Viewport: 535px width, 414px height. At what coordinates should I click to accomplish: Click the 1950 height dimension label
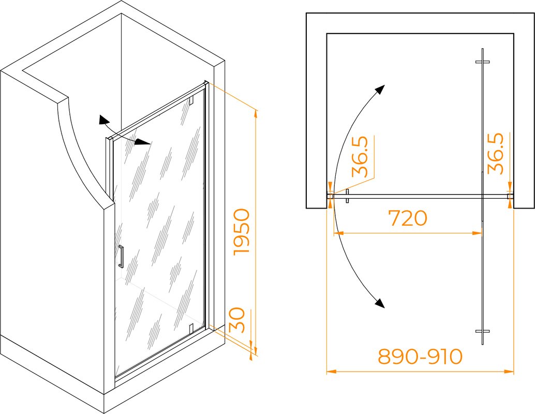tap(242, 232)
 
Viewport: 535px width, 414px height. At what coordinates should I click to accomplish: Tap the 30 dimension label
tap(237, 320)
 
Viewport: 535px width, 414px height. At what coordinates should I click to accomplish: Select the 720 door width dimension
tap(408, 218)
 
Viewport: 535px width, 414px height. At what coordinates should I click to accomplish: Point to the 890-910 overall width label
tap(420, 357)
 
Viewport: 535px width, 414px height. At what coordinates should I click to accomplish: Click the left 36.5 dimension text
tap(360, 157)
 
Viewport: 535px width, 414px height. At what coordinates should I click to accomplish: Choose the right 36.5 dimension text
tap(496, 154)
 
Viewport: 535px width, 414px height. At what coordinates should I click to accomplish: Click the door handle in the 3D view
tap(121, 256)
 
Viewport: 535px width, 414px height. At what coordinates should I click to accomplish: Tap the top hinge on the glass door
tap(191, 100)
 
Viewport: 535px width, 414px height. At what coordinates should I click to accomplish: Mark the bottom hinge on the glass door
tap(191, 328)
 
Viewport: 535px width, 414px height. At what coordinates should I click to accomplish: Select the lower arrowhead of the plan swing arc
tap(380, 303)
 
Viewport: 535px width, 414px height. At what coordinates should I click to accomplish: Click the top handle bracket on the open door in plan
tap(482, 62)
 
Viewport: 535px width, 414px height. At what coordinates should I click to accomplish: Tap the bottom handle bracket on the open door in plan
tap(482, 331)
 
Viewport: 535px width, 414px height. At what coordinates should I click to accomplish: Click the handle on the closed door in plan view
tap(347, 196)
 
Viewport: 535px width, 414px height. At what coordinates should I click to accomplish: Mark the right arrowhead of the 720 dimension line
tap(478, 233)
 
